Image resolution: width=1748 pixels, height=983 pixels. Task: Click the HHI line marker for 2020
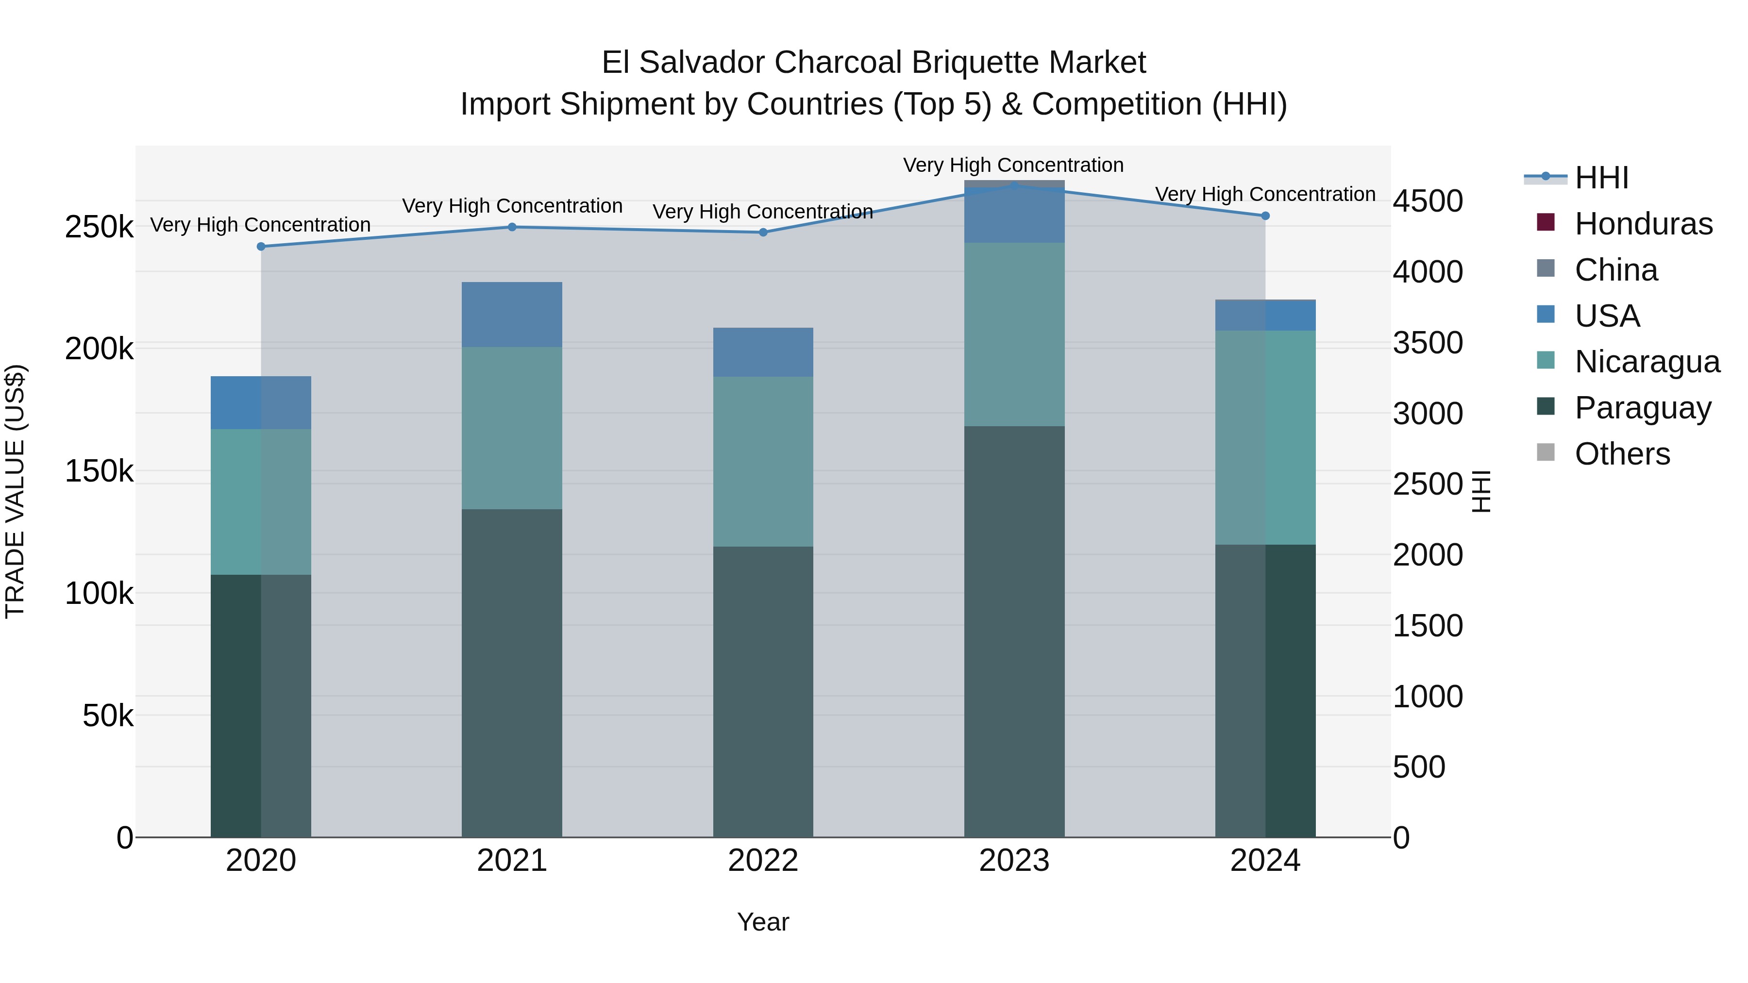261,246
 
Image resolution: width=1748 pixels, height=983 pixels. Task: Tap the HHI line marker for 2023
1014,185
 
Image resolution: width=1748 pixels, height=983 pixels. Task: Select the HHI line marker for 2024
1265,216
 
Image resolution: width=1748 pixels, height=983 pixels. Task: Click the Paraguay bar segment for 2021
512,672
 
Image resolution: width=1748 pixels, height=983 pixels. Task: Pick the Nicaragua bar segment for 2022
763,461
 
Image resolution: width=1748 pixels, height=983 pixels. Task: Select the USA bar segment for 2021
512,314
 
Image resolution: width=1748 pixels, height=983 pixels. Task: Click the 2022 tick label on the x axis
763,861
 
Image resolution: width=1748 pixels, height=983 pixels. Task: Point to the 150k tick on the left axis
99,471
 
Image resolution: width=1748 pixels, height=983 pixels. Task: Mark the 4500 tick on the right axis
1428,201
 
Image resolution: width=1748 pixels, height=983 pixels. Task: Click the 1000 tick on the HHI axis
1428,697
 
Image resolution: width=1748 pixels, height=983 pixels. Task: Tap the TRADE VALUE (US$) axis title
15,491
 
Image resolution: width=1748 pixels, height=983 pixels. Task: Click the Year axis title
763,922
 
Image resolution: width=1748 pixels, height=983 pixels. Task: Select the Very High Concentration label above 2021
512,205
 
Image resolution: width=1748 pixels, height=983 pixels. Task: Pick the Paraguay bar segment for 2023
1014,631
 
